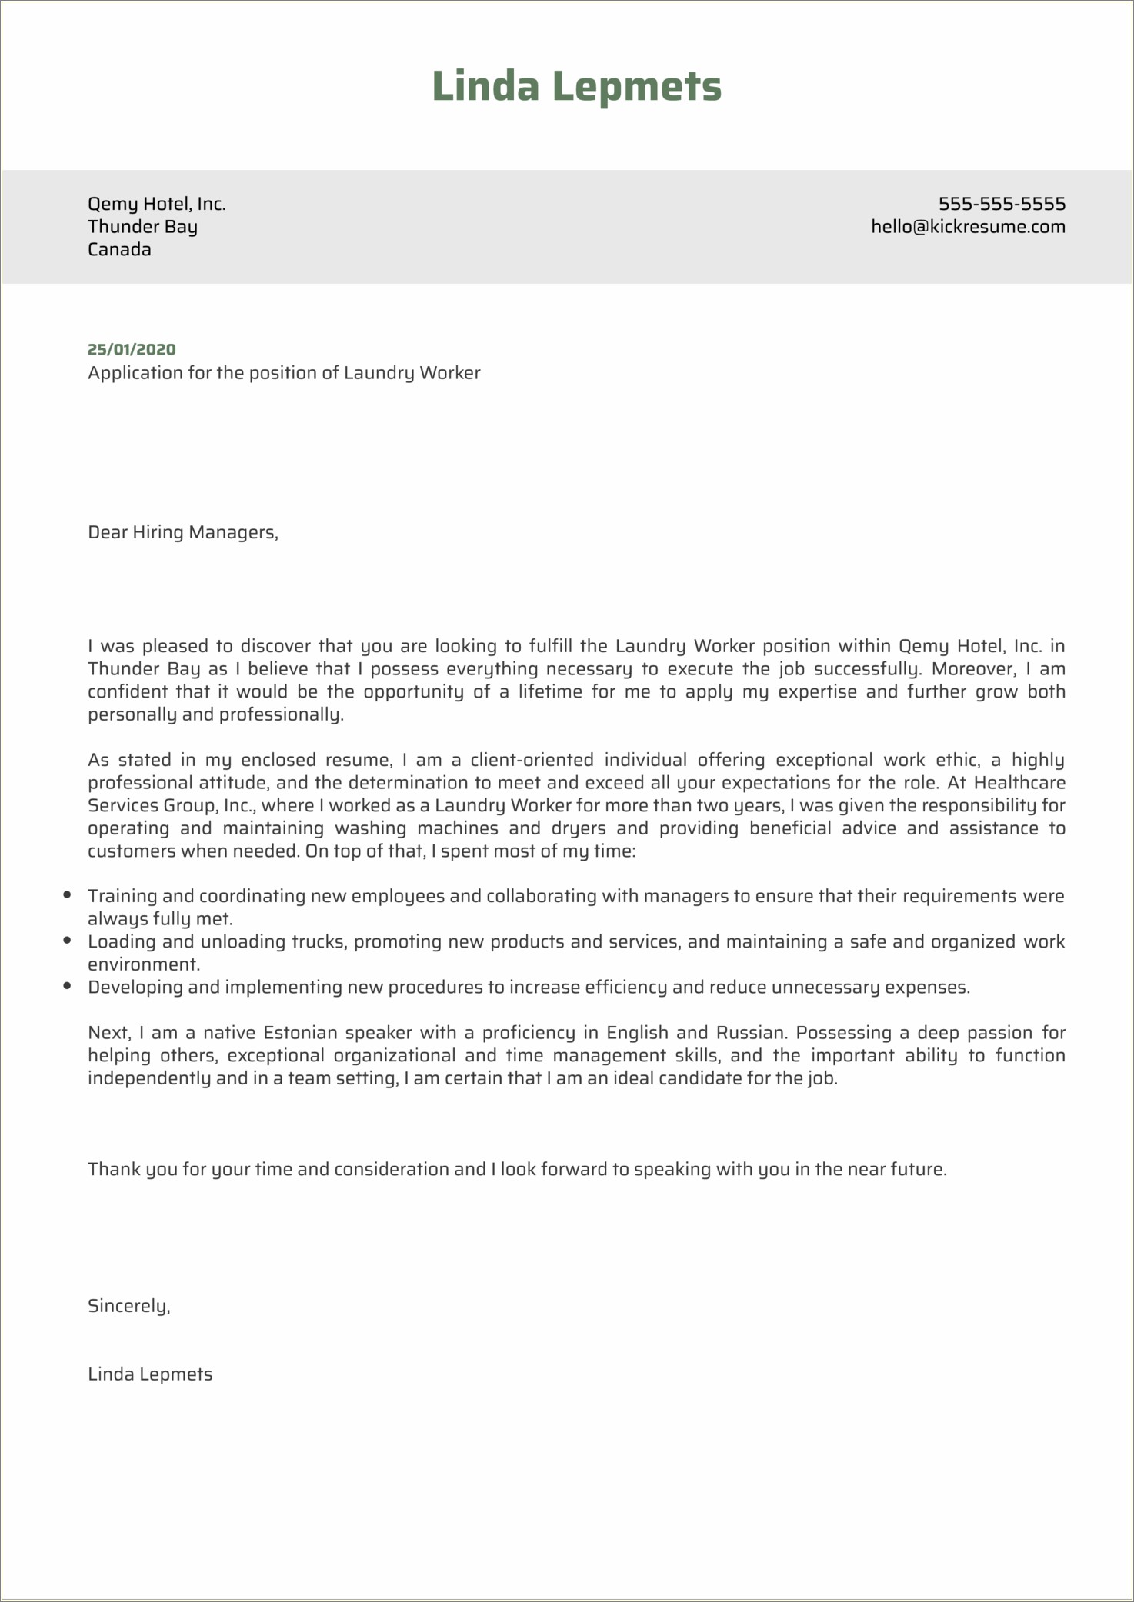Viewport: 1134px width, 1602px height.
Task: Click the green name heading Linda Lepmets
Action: click(576, 85)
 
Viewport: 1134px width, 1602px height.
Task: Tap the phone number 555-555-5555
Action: click(1002, 204)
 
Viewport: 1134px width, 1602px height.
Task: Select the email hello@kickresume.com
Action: click(968, 227)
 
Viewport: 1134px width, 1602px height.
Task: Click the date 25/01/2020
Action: click(132, 349)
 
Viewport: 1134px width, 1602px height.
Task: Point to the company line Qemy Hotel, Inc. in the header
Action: click(156, 204)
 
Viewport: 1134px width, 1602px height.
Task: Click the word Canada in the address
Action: click(119, 249)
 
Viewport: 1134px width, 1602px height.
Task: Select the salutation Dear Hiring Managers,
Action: click(183, 532)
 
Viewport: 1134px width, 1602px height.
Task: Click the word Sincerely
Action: click(128, 1305)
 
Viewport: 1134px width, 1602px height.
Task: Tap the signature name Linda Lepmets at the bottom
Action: click(150, 1374)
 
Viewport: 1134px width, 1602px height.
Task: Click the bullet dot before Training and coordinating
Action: click(68, 894)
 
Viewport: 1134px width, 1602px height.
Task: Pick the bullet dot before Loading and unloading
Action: click(68, 940)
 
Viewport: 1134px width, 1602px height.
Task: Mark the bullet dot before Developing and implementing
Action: click(68, 985)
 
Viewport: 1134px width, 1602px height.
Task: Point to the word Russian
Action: click(749, 1032)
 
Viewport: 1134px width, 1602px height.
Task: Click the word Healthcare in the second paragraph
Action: click(1019, 783)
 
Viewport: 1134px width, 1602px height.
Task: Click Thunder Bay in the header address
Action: click(142, 227)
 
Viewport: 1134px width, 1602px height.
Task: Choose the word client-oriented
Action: click(532, 760)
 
